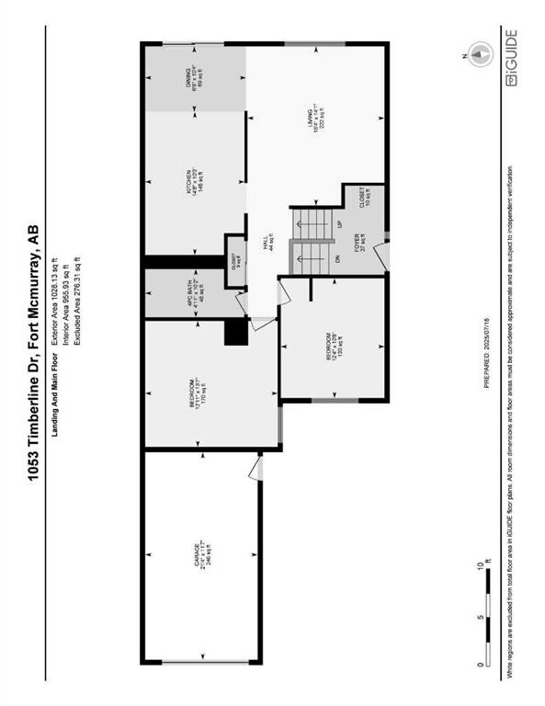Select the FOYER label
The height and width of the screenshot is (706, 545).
click(x=359, y=243)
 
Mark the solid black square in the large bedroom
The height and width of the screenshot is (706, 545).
click(x=236, y=331)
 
